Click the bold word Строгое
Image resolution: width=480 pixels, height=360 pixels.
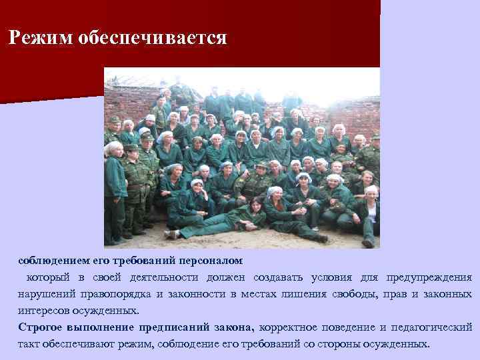tap(41, 327)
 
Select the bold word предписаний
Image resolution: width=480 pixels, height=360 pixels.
tap(177, 327)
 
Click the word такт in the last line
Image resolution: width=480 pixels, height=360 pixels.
tap(31, 345)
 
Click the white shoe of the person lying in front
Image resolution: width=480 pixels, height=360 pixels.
tap(171, 235)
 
